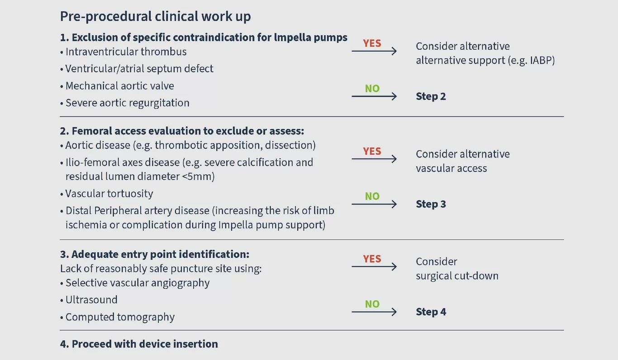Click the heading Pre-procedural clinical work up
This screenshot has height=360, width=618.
tap(155, 17)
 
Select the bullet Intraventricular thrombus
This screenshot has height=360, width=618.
tap(126, 52)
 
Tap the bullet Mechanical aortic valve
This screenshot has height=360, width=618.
tap(119, 86)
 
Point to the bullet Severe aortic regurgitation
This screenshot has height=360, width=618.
tap(127, 103)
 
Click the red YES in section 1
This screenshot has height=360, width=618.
tap(372, 43)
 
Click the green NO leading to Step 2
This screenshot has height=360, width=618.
tap(372, 89)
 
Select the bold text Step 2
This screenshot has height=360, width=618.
tap(431, 96)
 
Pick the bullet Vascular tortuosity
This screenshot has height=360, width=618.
tap(109, 194)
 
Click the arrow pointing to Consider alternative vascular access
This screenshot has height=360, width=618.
tap(374, 159)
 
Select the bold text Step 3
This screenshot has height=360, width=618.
tap(431, 204)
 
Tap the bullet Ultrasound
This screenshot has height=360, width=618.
tap(91, 300)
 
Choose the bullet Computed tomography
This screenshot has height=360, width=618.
tap(120, 317)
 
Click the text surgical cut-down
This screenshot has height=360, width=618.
tap(457, 276)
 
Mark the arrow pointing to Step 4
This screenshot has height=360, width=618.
tap(374, 312)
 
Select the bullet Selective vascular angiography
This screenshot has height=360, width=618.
tap(138, 283)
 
